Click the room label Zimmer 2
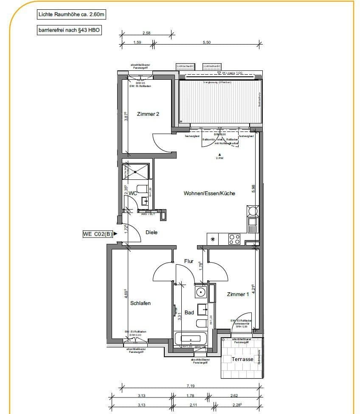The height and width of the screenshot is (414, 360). tap(148, 114)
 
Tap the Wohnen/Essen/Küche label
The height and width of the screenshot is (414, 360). tap(209, 193)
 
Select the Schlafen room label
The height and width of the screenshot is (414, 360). tap(141, 303)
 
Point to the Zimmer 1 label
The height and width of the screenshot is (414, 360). tap(238, 294)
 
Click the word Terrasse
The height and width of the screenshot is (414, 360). tap(242, 359)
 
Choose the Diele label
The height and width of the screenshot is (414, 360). tap(152, 232)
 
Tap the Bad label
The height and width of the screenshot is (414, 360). tap(189, 313)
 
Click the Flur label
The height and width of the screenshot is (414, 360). tap(189, 261)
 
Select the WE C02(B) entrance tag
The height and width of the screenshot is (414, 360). tap(98, 233)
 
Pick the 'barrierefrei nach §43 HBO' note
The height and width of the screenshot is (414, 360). tap(70, 31)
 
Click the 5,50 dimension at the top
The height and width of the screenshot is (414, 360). tap(206, 42)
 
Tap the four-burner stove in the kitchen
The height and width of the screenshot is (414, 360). tap(234, 239)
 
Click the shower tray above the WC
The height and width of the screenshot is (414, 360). tap(136, 171)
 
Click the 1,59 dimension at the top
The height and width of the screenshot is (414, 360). tap(137, 42)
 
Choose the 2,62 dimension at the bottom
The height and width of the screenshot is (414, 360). tap(235, 396)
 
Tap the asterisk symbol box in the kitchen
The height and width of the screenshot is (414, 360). tap(213, 240)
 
